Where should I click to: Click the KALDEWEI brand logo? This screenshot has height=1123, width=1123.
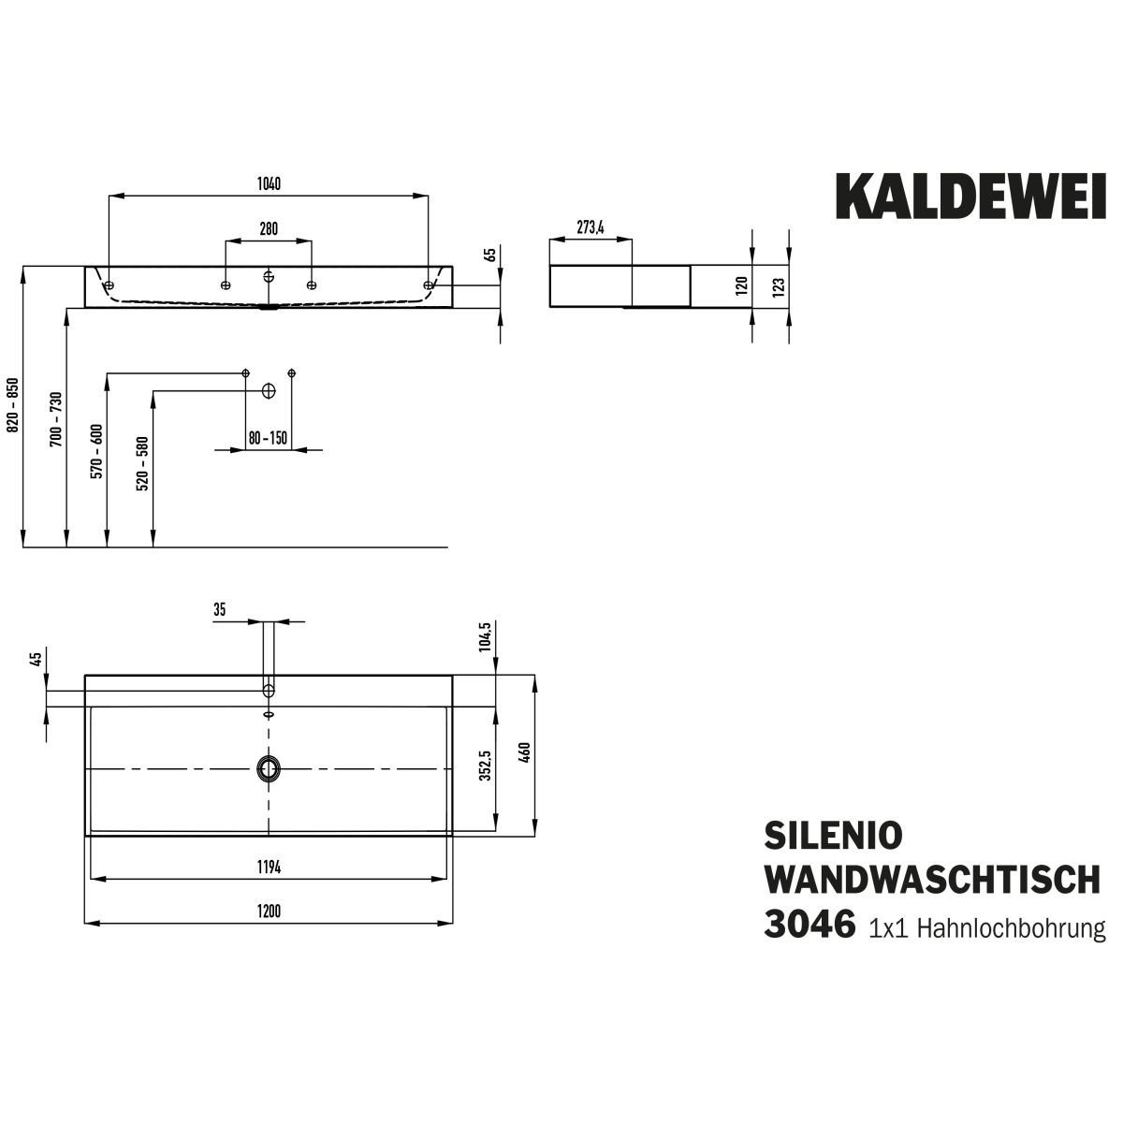(x=970, y=195)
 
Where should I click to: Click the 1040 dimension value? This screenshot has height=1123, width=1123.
(x=269, y=183)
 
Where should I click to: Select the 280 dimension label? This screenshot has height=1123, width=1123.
(x=269, y=229)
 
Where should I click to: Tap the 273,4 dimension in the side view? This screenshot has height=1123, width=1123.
(x=591, y=227)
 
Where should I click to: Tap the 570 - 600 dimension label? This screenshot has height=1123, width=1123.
(x=96, y=452)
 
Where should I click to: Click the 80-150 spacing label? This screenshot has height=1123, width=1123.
(x=268, y=438)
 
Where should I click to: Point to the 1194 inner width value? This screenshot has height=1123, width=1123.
(x=269, y=868)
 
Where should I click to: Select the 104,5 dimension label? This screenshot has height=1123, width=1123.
(x=485, y=639)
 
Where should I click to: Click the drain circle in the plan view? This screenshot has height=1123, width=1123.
(x=269, y=768)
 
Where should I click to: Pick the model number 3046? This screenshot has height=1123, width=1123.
(x=810, y=925)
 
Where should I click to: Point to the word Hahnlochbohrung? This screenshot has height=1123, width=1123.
(x=1013, y=928)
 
